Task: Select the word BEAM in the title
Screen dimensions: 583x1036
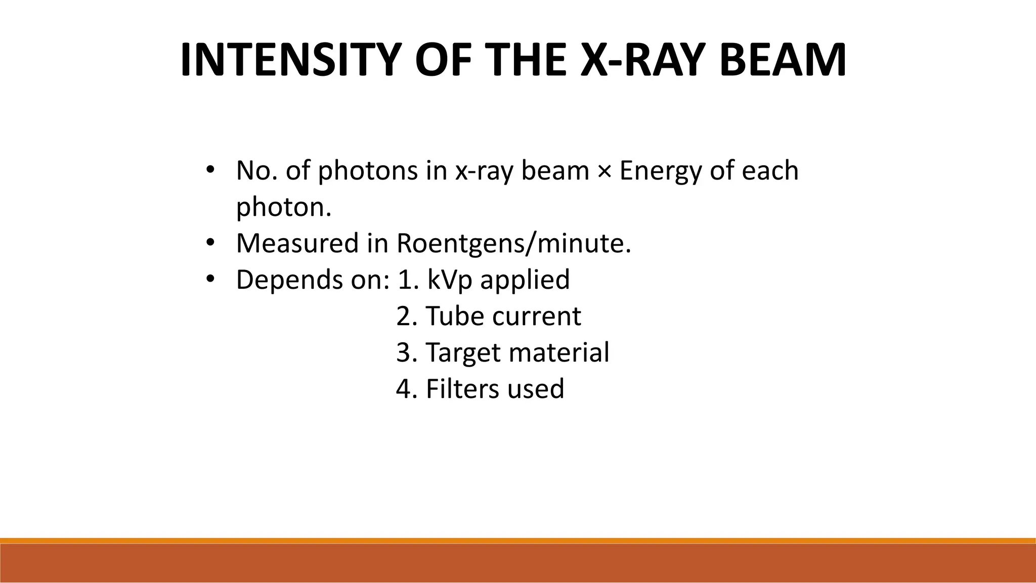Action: click(x=782, y=60)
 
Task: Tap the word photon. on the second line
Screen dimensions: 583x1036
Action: click(x=283, y=207)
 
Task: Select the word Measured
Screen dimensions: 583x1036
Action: click(x=297, y=243)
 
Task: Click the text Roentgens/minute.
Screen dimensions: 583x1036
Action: click(x=513, y=243)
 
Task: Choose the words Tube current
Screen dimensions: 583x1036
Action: click(x=503, y=316)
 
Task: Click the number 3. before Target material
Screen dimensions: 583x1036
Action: click(x=406, y=352)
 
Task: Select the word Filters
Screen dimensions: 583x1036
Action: click(x=458, y=389)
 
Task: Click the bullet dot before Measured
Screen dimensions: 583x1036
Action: click(x=210, y=242)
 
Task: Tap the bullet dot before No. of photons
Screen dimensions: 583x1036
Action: click(x=210, y=169)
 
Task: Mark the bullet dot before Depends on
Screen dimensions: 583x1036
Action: click(x=210, y=279)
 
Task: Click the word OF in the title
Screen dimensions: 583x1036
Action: click(x=440, y=60)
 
